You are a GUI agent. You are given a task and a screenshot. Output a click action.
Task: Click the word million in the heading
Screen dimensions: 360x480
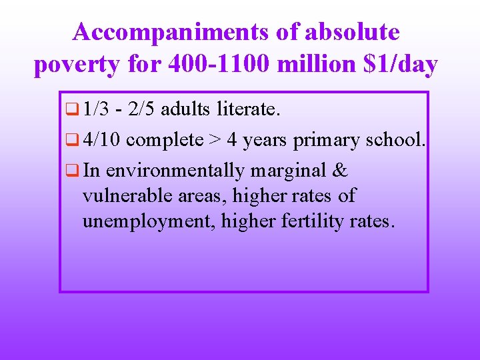312,65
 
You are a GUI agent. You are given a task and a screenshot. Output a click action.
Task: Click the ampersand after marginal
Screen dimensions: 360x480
339,171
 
